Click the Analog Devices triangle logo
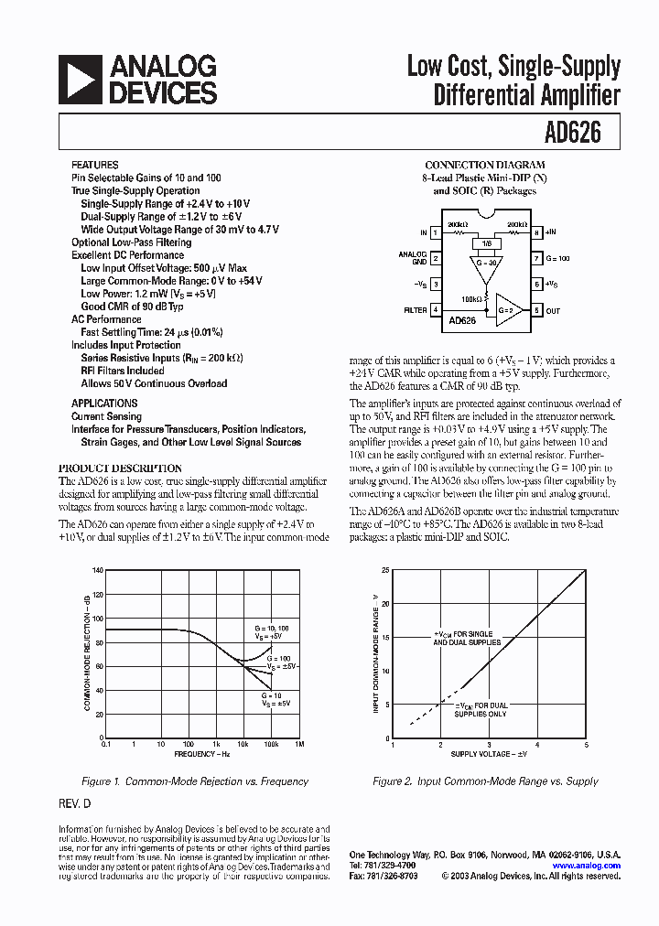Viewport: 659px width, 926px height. [x=80, y=79]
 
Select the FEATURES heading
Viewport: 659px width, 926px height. [x=95, y=165]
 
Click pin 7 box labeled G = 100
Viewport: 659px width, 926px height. [x=537, y=259]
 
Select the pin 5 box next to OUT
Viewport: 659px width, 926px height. [x=537, y=310]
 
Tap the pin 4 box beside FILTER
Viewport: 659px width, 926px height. [x=435, y=310]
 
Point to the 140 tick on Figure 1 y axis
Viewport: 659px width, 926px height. [x=97, y=570]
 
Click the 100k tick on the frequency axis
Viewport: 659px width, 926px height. [x=271, y=744]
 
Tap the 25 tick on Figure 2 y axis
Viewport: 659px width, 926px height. [x=385, y=570]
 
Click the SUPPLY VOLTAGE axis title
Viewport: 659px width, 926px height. [x=489, y=754]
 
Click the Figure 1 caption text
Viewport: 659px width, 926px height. [x=194, y=781]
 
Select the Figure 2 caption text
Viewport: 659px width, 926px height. [x=485, y=781]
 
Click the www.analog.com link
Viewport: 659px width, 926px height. [x=586, y=865]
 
